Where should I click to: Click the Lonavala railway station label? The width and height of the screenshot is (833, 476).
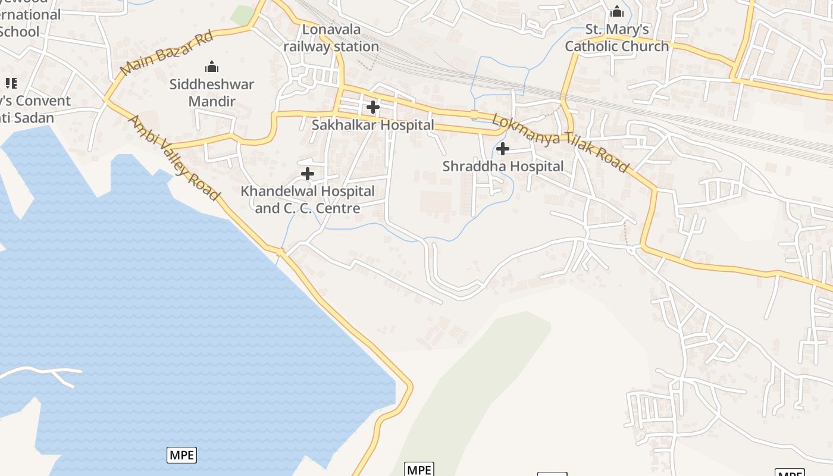(x=331, y=38)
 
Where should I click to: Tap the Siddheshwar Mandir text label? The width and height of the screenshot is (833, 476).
(x=212, y=93)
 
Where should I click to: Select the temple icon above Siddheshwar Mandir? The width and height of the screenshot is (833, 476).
(x=212, y=67)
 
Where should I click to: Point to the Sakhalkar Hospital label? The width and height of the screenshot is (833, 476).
(x=373, y=125)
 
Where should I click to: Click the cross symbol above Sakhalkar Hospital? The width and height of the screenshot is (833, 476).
(x=373, y=107)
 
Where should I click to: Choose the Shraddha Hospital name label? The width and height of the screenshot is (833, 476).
(x=503, y=166)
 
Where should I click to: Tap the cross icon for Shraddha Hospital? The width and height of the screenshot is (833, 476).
(x=503, y=149)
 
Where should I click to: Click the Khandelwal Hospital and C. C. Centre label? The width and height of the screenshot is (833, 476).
(x=308, y=200)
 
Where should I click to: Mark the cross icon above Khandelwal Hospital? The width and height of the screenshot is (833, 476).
(x=308, y=174)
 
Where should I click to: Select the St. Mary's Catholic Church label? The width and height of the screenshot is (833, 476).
(x=617, y=38)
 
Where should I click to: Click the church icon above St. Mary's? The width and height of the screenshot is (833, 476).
(x=617, y=12)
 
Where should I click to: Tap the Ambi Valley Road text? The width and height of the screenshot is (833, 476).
(x=174, y=158)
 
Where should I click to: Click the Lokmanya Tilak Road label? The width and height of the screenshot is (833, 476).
(x=560, y=143)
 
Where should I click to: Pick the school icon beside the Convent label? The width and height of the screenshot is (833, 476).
(x=11, y=83)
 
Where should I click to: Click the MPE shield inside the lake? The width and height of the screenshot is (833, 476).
(x=181, y=455)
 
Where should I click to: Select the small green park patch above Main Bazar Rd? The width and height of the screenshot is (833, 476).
(x=242, y=15)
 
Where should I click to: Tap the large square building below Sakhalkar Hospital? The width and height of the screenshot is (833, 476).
(x=436, y=202)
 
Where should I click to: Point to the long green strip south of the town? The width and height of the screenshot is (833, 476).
(x=476, y=381)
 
